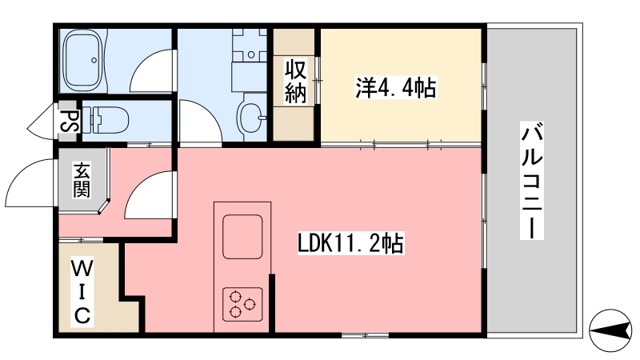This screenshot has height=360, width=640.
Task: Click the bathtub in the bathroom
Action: click(x=83, y=60)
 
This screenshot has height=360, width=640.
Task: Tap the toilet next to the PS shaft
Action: click(x=106, y=120)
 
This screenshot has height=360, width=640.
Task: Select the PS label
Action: click(x=68, y=121)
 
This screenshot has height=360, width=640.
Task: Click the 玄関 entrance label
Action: click(x=82, y=180)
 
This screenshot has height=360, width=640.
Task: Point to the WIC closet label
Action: click(x=82, y=292)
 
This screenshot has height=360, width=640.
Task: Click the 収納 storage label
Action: click(x=295, y=82)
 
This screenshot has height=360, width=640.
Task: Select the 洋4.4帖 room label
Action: click(x=395, y=88)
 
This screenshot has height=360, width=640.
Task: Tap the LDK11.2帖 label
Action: click(x=350, y=244)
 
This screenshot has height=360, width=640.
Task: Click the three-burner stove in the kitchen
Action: click(x=242, y=304)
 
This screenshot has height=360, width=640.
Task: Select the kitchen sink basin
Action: click(x=242, y=236)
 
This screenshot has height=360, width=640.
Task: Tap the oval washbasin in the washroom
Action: click(x=250, y=118)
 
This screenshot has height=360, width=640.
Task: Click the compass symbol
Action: click(x=610, y=330)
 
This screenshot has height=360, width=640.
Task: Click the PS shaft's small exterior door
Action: click(x=42, y=121)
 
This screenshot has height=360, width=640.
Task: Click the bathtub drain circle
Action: click(x=94, y=60)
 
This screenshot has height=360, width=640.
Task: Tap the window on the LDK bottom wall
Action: click(x=365, y=335)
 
